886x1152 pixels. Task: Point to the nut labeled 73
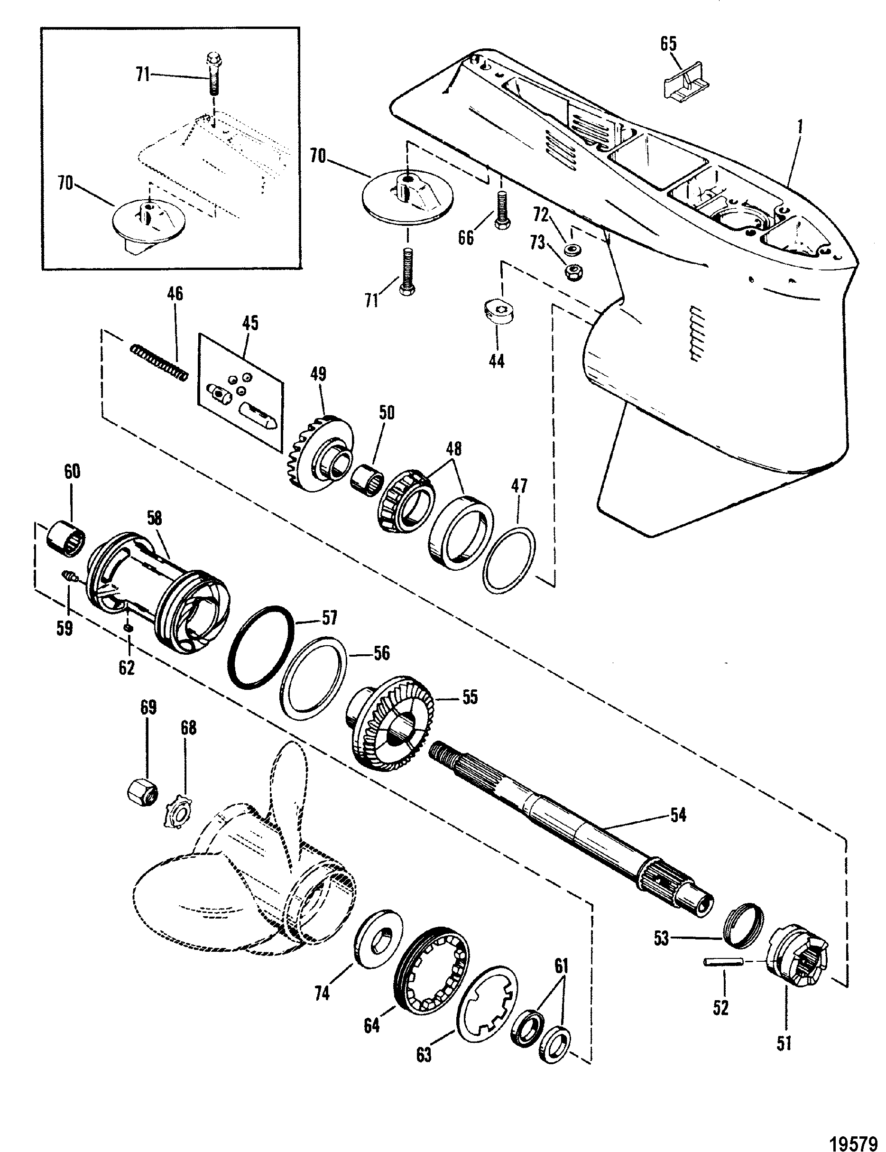point(572,272)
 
